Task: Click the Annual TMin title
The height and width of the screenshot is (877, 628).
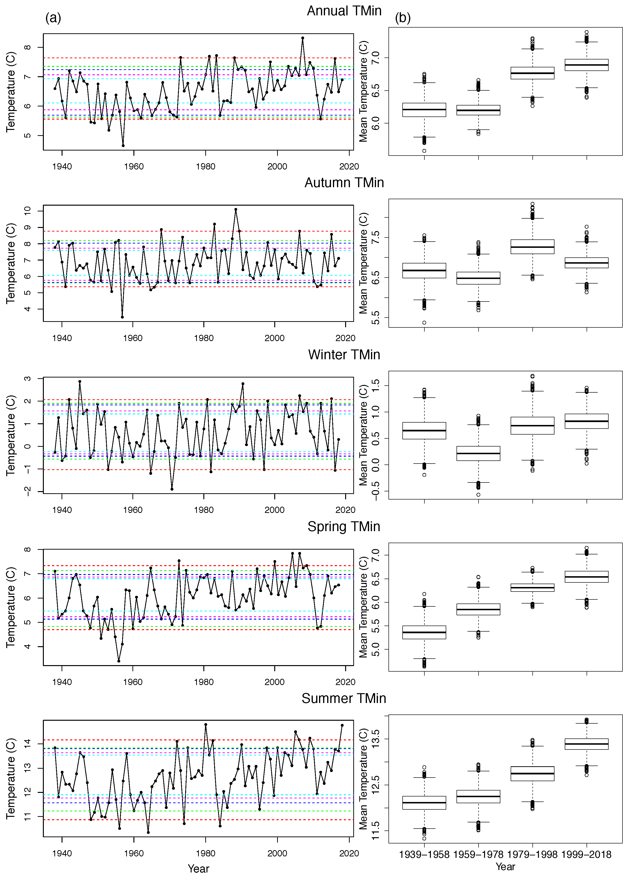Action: pyautogui.click(x=344, y=11)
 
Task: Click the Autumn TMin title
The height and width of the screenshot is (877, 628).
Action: pyautogui.click(x=344, y=182)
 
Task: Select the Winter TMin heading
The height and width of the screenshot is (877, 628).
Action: pyautogui.click(x=344, y=354)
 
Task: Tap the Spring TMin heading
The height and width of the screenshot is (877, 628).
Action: pyautogui.click(x=344, y=526)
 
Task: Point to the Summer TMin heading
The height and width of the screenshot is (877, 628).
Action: pyautogui.click(x=344, y=698)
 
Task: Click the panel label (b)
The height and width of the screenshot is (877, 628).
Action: pyautogui.click(x=403, y=18)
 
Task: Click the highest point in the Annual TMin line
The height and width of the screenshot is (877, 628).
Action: pyautogui.click(x=303, y=38)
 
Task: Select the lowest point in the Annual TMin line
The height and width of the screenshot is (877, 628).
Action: pyautogui.click(x=123, y=146)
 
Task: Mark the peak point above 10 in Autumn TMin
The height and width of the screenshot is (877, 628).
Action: pyautogui.click(x=236, y=209)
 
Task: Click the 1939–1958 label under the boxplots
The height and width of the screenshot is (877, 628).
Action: pyautogui.click(x=424, y=854)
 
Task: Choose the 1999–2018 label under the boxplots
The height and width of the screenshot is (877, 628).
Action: pyautogui.click(x=586, y=854)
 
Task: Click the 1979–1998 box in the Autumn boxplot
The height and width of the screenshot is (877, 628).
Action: pyautogui.click(x=532, y=247)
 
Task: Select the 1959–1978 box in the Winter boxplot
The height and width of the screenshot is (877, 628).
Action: pyautogui.click(x=478, y=453)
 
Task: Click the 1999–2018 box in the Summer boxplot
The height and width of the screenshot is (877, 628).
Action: pyautogui.click(x=586, y=743)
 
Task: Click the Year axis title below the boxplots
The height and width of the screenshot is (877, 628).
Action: pyautogui.click(x=505, y=866)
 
